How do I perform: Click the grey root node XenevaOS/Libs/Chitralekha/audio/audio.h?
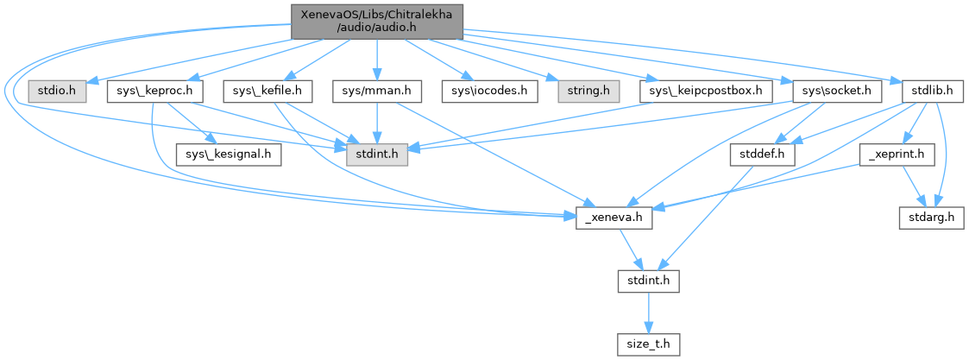coord(378,21)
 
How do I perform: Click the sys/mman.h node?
coord(376,90)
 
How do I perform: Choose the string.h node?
coord(583,90)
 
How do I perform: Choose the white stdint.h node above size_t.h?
coord(648,281)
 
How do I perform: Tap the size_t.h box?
coord(648,344)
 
